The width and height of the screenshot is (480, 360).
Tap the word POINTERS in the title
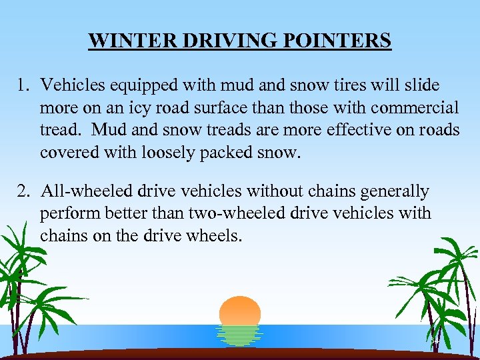click(343, 41)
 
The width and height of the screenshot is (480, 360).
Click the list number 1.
click(23, 85)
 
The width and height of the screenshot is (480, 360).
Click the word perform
click(66, 214)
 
